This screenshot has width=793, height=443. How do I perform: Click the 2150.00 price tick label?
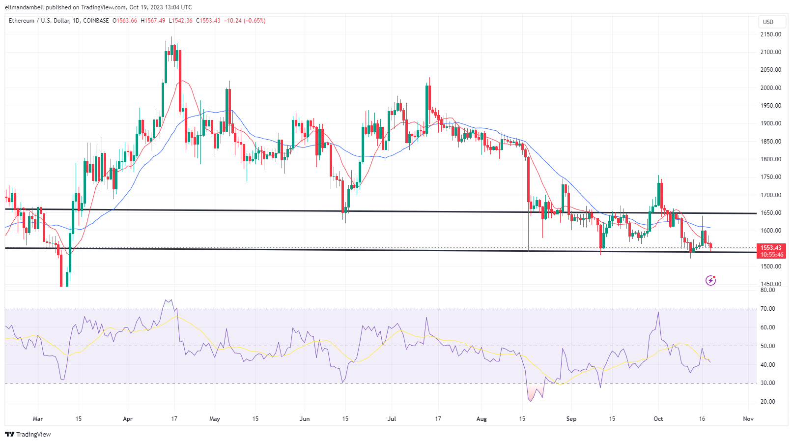[x=770, y=34]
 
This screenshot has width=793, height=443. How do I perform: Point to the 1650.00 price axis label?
[x=770, y=213]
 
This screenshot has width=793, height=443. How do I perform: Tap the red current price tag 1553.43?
[x=771, y=248]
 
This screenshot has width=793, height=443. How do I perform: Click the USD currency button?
[x=768, y=22]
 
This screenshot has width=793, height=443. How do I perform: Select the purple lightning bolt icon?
[x=710, y=280]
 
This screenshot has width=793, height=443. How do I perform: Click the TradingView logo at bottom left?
[x=28, y=434]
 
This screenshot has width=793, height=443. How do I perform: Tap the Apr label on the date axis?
[x=128, y=419]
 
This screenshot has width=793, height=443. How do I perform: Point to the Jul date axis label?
[x=392, y=419]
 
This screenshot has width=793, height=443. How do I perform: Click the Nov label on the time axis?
[x=748, y=419]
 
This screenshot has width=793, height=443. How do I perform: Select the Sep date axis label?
[x=571, y=419]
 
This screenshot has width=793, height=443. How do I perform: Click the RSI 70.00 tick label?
[x=768, y=309]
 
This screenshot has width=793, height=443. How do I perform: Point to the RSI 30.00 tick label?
[x=768, y=383]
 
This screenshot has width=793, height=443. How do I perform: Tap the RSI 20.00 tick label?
[x=768, y=402]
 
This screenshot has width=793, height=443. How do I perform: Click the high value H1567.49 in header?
[x=153, y=21]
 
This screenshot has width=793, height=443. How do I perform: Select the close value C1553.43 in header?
[x=208, y=21]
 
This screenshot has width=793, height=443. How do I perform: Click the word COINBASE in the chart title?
[x=96, y=21]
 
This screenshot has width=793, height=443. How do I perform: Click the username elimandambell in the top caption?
[x=25, y=7]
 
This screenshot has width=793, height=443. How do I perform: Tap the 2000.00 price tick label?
[x=770, y=88]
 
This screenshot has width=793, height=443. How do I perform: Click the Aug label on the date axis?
[x=481, y=419]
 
